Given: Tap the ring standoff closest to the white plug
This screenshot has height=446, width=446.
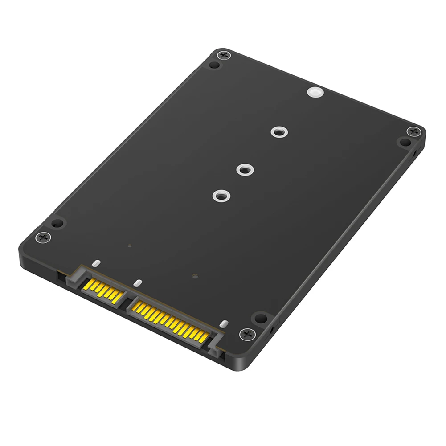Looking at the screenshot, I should tap(278, 132).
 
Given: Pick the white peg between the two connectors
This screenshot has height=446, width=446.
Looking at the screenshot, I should tap(138, 283).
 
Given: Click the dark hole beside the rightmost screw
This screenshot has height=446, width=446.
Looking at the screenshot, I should tap(405, 143).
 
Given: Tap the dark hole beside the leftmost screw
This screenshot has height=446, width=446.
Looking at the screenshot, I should tap(57, 223).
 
